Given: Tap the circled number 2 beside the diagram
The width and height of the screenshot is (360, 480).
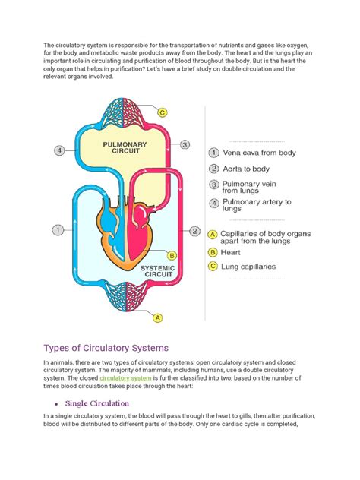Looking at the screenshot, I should click(194, 230).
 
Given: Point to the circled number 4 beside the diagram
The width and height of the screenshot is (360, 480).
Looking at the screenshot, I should click(60, 150).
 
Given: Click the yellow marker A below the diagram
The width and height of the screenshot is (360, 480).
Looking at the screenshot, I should click(157, 318).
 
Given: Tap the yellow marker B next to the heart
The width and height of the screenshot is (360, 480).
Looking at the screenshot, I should click(172, 256).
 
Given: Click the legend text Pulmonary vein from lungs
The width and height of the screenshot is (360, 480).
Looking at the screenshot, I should click(254, 188).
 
